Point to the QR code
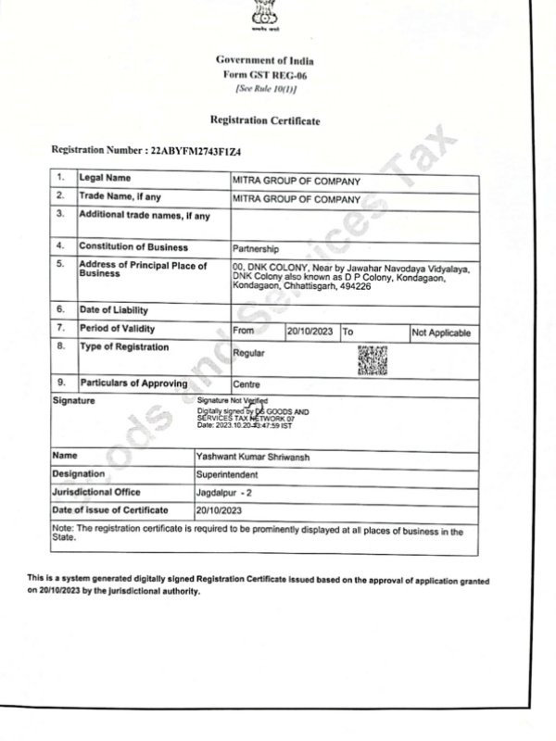(372, 359)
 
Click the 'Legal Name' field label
(104, 176)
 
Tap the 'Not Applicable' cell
(440, 332)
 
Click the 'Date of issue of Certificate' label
(111, 510)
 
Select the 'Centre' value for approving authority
(246, 383)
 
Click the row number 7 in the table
(60, 328)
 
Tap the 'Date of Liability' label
(113, 309)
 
